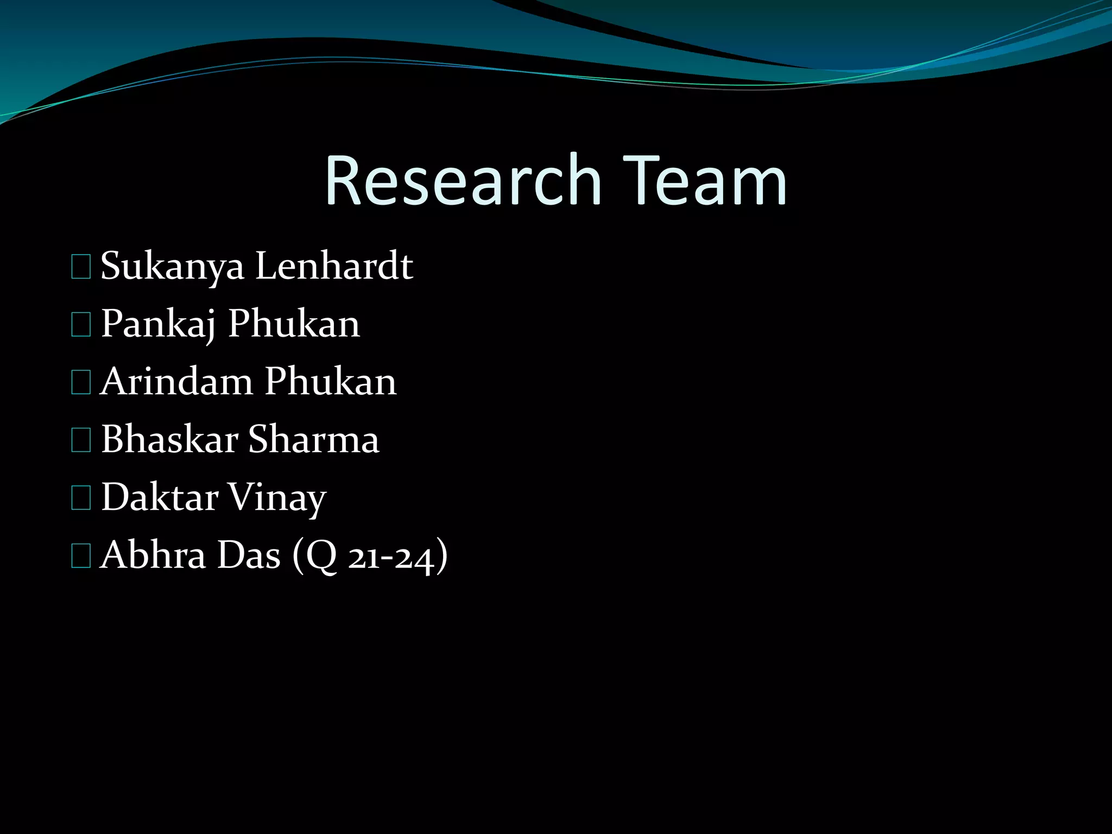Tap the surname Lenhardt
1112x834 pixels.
click(x=334, y=266)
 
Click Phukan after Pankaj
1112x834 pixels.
click(x=294, y=324)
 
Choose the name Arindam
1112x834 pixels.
click(x=177, y=381)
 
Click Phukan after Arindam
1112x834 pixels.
click(x=331, y=381)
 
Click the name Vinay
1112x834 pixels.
click(x=277, y=498)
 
